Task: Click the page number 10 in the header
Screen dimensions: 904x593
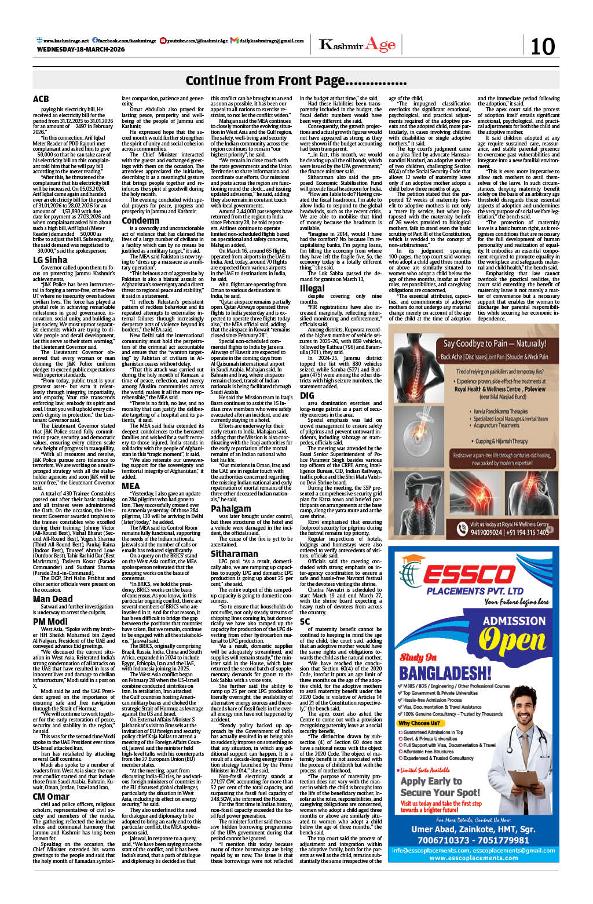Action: click(x=543, y=46)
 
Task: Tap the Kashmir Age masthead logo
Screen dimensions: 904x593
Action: click(x=357, y=45)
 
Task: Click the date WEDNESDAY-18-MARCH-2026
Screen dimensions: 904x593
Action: click(x=80, y=50)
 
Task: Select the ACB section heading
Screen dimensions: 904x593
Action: click(x=41, y=99)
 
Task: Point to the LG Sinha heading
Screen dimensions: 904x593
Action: click(x=50, y=260)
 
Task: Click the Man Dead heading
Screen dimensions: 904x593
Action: click(x=53, y=599)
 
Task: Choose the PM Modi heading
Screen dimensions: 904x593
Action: click(x=50, y=621)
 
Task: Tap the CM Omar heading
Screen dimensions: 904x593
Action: click(x=51, y=796)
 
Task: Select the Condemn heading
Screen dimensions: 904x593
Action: click(x=140, y=221)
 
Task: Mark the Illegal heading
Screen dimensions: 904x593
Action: click(x=312, y=288)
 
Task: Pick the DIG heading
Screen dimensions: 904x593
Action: click(x=307, y=395)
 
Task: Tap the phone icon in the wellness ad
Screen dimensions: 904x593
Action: click(x=462, y=530)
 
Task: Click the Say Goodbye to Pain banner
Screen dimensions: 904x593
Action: click(x=494, y=344)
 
